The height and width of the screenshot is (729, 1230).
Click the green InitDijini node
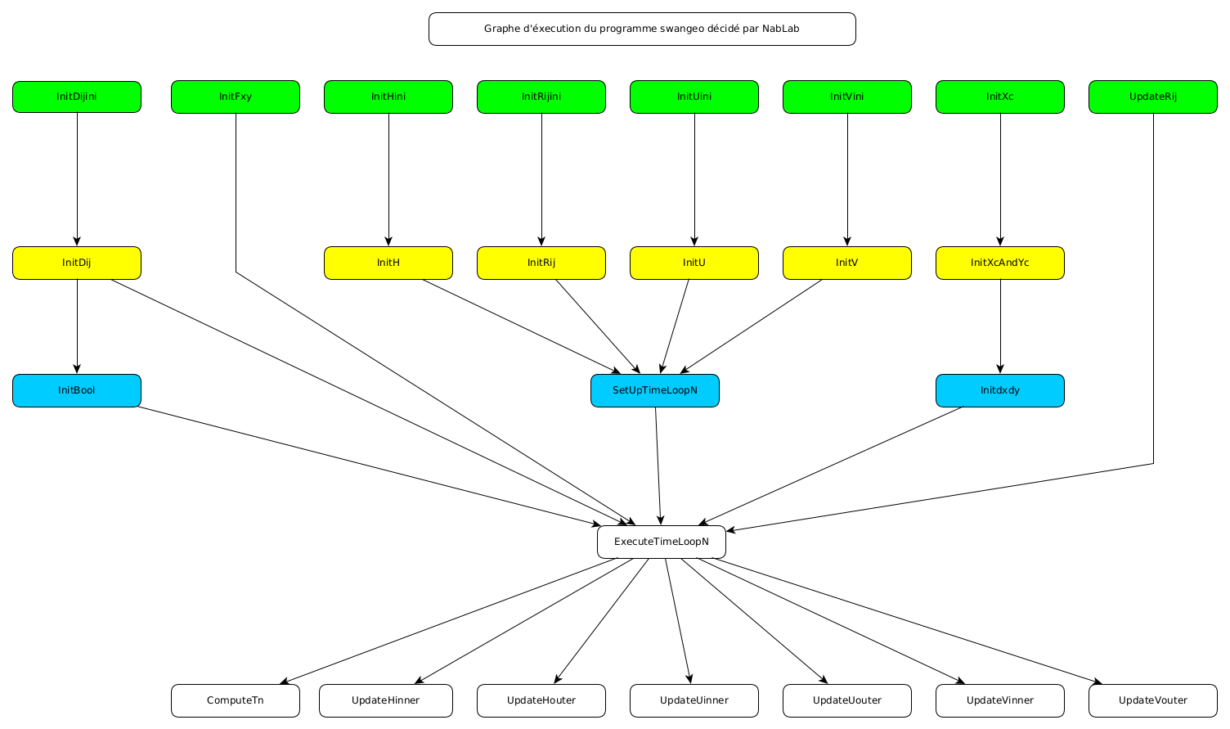click(77, 97)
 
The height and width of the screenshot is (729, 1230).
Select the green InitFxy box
click(236, 97)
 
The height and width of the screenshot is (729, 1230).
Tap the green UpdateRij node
click(1152, 97)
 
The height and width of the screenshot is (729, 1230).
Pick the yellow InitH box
click(388, 263)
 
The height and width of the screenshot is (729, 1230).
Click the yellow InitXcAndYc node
click(999, 263)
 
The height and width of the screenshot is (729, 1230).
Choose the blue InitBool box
click(77, 390)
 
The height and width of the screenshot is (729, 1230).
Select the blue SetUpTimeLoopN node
click(655, 390)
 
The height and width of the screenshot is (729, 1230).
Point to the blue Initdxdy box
click(999, 390)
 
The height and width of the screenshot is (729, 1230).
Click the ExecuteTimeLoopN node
click(661, 542)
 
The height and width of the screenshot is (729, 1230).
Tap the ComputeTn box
click(236, 700)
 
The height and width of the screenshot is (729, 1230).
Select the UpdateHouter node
click(541, 700)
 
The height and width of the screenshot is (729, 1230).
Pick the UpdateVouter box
click(1152, 700)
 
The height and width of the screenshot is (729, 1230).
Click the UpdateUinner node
click(694, 700)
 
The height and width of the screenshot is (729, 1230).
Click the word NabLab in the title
click(780, 29)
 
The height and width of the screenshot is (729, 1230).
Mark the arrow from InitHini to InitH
click(388, 180)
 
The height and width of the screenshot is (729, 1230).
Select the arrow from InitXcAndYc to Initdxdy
click(1000, 327)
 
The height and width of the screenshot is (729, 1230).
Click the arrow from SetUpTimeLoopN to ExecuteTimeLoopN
click(658, 466)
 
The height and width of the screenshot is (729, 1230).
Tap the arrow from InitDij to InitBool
click(77, 327)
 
